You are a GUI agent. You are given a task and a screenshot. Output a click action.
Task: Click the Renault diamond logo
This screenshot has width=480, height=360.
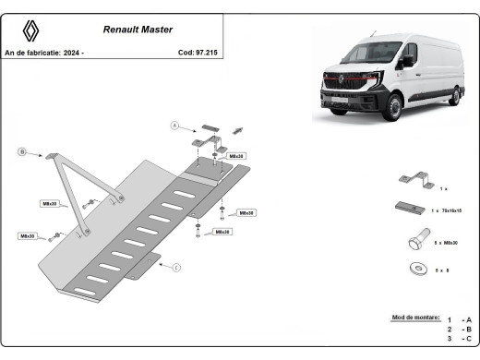(x=31, y=30)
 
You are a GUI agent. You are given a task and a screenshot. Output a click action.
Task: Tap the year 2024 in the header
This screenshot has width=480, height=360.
(x=73, y=53)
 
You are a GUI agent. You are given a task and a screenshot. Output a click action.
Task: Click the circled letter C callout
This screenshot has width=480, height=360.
(x=175, y=269)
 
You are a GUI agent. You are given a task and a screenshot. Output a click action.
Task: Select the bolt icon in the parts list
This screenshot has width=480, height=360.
(x=413, y=241)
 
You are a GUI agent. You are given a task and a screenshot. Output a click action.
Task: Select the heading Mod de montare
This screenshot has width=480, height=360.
(x=415, y=317)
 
